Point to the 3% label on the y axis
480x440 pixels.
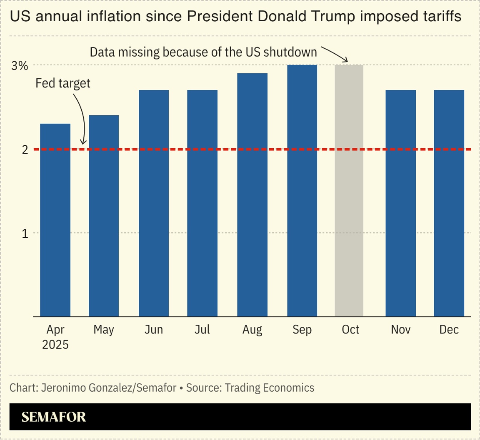pyautogui.click(x=20, y=65)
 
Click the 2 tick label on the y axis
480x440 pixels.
pyautogui.click(x=25, y=149)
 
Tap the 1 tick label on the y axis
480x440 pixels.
pyautogui.click(x=25, y=234)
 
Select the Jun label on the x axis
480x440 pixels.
pyautogui.click(x=154, y=330)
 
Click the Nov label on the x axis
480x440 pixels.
pyautogui.click(x=400, y=330)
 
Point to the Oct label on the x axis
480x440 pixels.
pyautogui.click(x=350, y=330)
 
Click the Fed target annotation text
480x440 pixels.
pyautogui.click(x=63, y=83)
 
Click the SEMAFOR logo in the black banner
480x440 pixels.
pyautogui.click(x=54, y=417)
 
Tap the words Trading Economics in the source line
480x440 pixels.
pyautogui.click(x=270, y=388)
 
